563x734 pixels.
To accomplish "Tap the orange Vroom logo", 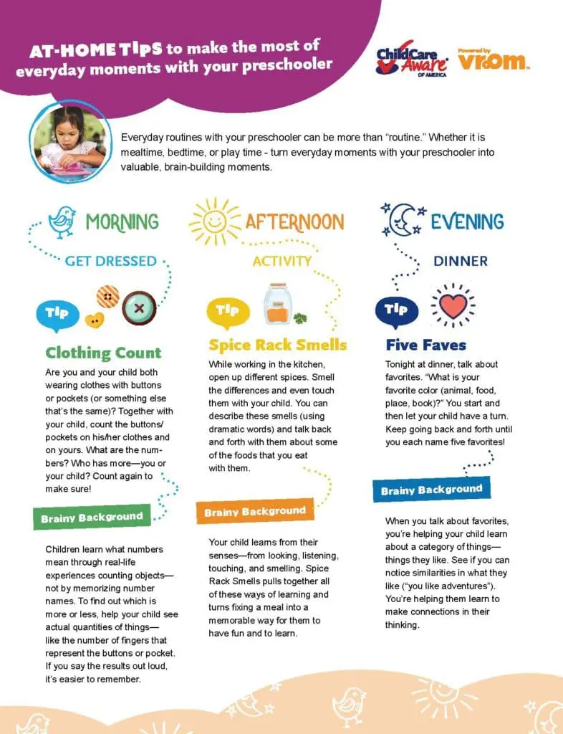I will tap(494, 61).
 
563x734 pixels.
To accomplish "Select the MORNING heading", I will tap(122, 221).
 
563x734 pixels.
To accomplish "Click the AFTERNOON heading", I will tap(294, 221).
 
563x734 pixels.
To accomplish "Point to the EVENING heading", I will tap(467, 221).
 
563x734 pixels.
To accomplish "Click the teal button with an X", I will tap(139, 309).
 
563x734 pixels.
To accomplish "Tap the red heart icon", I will tap(453, 306).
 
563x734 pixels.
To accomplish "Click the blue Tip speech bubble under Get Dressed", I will tap(57, 313).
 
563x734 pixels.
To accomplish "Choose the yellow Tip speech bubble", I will tap(227, 310).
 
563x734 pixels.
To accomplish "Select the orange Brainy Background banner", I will tap(255, 511).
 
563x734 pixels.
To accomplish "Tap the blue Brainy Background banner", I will tap(431, 490).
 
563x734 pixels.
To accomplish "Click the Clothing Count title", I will tap(103, 353).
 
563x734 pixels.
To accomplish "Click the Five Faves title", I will tap(425, 345).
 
